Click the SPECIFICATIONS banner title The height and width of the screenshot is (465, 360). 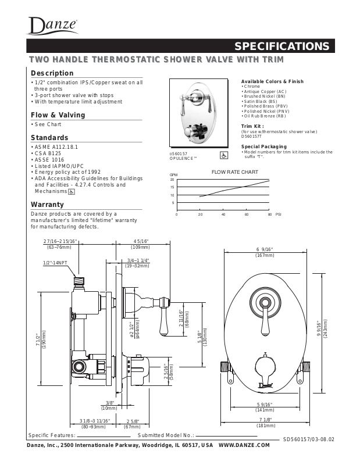pyautogui.click(x=281, y=46)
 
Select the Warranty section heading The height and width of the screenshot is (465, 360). pyautogui.click(x=47, y=205)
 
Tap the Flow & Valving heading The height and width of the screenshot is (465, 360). pyautogui.click(x=58, y=115)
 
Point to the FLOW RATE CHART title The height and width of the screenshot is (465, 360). pyautogui.click(x=234, y=173)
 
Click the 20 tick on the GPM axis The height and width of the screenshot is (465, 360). pyautogui.click(x=172, y=180)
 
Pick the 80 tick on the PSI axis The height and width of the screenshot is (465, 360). pyautogui.click(x=270, y=214)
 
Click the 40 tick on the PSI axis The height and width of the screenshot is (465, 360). pyautogui.click(x=223, y=214)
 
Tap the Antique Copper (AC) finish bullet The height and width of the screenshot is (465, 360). pyautogui.click(x=265, y=92)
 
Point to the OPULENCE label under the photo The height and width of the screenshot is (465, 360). pyautogui.click(x=183, y=158)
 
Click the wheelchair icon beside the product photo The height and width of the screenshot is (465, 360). pyautogui.click(x=224, y=155)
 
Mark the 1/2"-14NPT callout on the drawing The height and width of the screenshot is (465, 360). pyautogui.click(x=55, y=263)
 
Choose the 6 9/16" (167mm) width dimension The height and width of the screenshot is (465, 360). pyautogui.click(x=265, y=252)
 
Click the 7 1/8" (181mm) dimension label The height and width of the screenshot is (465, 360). pyautogui.click(x=265, y=423)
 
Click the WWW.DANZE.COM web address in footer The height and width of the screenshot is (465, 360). pyautogui.click(x=244, y=445)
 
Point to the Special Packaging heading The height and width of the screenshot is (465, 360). pyautogui.click(x=263, y=146)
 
